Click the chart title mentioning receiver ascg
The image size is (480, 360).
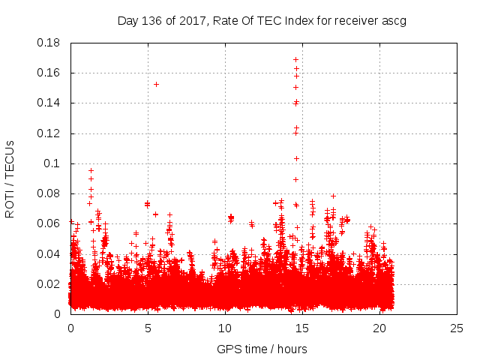(x=262, y=20)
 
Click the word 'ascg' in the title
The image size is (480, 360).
(x=393, y=20)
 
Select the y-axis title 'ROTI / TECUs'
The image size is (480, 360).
(x=10, y=178)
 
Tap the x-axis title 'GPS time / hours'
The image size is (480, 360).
(x=262, y=349)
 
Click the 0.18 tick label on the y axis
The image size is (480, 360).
(x=50, y=43)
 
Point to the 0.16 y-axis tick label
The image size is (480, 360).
(x=50, y=73)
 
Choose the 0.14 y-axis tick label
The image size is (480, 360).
(x=50, y=103)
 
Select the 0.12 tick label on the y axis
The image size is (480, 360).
(x=50, y=133)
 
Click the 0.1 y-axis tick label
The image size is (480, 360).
(x=54, y=163)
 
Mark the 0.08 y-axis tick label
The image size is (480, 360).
(x=50, y=193)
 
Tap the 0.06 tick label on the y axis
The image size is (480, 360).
(x=50, y=223)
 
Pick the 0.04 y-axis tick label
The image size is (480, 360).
(x=50, y=253)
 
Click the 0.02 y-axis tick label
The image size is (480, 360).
(x=50, y=284)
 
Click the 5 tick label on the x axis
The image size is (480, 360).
(x=148, y=328)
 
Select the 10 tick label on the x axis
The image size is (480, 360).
(x=225, y=328)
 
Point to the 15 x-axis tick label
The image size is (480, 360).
(x=302, y=328)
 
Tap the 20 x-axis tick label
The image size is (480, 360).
(x=380, y=328)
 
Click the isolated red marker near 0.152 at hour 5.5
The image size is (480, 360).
(x=156, y=84)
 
